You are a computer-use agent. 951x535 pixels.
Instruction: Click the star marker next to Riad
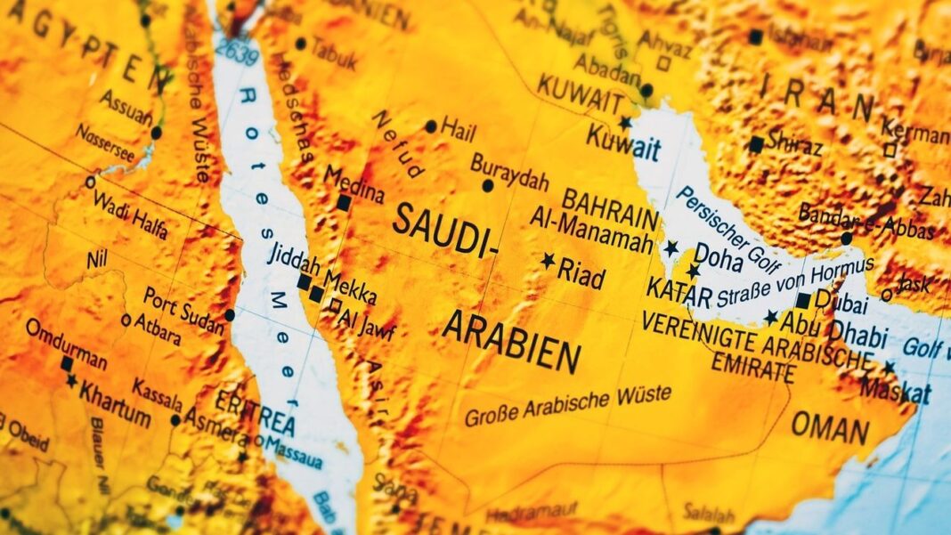548,261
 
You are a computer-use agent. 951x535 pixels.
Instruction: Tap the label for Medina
354,183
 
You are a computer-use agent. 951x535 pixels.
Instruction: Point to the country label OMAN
830,428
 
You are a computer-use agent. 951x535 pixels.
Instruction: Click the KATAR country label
679,291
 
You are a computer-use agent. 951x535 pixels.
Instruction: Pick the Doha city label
719,255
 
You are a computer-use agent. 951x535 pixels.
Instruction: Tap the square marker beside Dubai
803,301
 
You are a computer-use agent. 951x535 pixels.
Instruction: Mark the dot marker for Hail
431,126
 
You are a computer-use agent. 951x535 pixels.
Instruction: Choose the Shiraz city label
793,142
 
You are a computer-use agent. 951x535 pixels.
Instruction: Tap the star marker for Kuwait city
626,122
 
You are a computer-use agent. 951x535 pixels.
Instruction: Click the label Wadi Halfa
130,213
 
